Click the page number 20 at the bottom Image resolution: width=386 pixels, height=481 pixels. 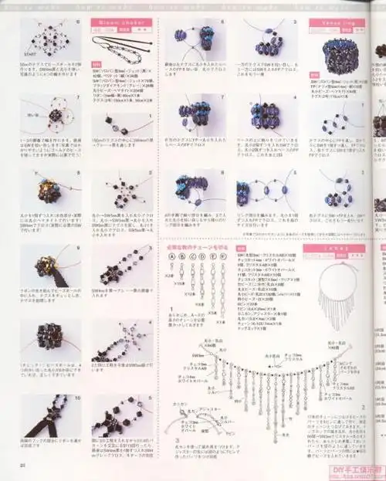pos(23,465)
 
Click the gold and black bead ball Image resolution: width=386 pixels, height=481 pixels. pos(44,194)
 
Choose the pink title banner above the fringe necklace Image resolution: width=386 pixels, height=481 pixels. pos(337,230)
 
